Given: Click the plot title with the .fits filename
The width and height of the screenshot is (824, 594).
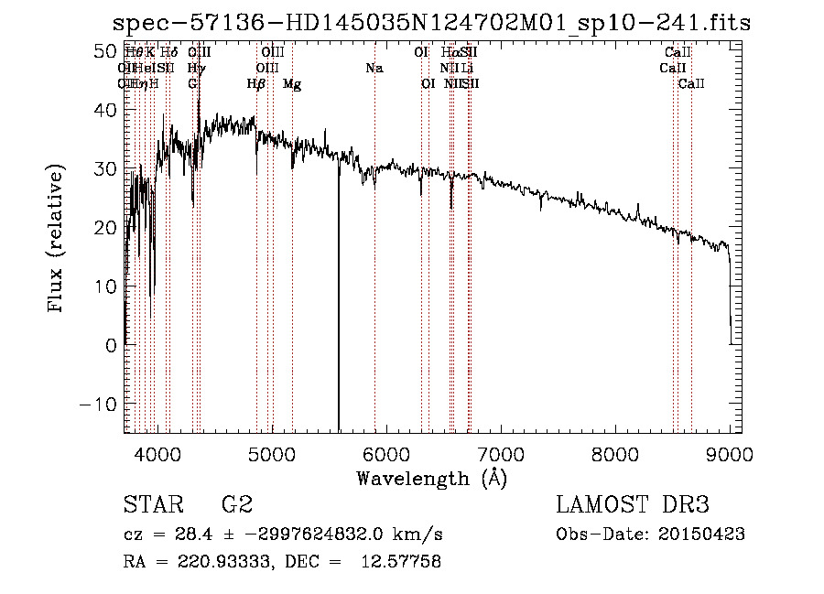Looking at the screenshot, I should (431, 23).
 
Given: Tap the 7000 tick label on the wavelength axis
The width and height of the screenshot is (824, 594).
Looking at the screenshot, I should (501, 455).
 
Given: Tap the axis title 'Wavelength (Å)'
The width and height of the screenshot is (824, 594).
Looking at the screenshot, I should (431, 478).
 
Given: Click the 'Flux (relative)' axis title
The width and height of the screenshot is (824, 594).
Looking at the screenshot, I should (57, 240).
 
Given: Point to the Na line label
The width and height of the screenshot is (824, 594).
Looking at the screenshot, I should (374, 68).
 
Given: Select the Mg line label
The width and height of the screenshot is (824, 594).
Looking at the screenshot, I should (292, 84).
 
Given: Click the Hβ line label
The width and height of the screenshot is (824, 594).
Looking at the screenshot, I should (256, 84).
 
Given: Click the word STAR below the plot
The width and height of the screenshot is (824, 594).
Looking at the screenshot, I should (152, 505).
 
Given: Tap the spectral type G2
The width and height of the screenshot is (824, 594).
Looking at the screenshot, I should (236, 505).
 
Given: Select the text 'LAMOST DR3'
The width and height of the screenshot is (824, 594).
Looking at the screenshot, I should (632, 505).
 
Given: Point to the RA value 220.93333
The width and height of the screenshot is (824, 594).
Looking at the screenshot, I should (220, 562).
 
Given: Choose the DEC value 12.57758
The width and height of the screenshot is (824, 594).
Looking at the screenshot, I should (403, 562).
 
